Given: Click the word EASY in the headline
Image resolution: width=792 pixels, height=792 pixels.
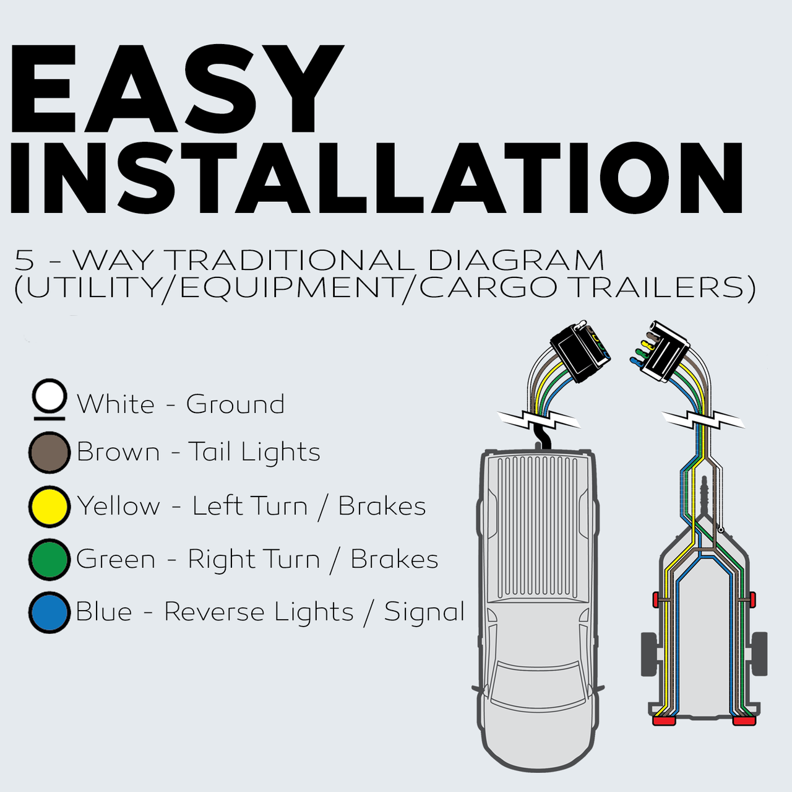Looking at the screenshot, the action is click(177, 89).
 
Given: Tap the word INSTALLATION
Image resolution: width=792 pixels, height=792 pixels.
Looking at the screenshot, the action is click(376, 177).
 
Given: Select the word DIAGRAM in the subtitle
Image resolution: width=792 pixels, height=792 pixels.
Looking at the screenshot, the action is click(515, 260).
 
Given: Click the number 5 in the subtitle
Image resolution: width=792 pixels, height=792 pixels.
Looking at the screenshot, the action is click(24, 260).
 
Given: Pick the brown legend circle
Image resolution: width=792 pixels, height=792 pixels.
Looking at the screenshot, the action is click(49, 453).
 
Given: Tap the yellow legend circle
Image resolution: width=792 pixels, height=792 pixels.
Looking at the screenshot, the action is click(49, 506).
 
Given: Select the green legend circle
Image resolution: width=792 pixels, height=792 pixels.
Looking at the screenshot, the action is click(49, 560).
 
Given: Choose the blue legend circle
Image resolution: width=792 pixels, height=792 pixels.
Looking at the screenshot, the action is click(49, 612).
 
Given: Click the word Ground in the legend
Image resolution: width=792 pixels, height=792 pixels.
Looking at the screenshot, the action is click(235, 404).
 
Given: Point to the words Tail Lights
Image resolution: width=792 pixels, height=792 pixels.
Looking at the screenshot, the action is click(254, 452).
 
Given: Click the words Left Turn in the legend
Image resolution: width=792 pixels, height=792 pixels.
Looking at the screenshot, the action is click(250, 506).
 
